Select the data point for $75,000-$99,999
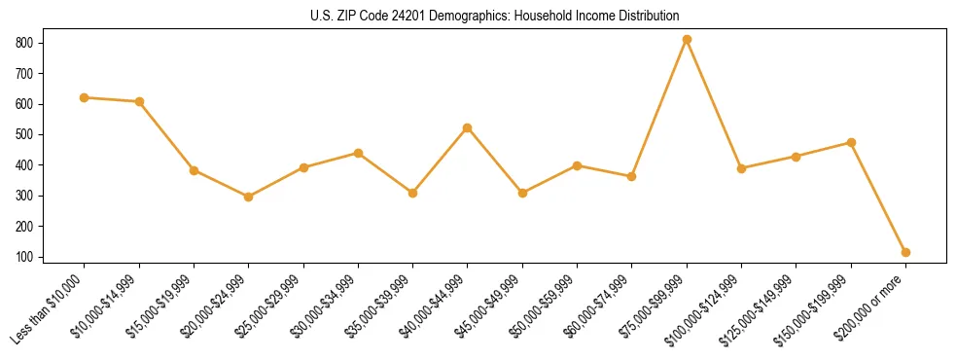pyautogui.click(x=687, y=40)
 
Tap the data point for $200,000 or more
pyautogui.click(x=905, y=252)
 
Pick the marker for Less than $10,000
pyautogui.click(x=85, y=97)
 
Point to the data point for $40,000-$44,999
pyautogui.click(x=468, y=127)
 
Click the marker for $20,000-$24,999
pyautogui.click(x=249, y=197)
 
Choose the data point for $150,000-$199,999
pyautogui.click(x=851, y=142)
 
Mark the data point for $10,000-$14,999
pyautogui.click(x=139, y=101)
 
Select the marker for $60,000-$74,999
pyautogui.click(x=632, y=176)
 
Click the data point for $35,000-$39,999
pyautogui.click(x=413, y=193)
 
